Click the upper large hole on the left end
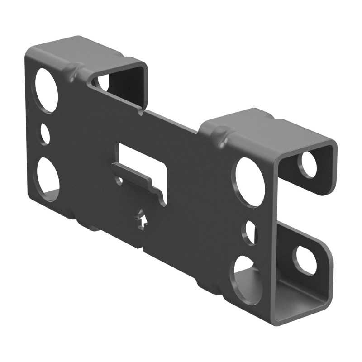pos(45,90)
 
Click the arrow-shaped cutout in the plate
pos(142,219)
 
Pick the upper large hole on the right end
pos(248,182)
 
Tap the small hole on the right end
pos(250,232)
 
